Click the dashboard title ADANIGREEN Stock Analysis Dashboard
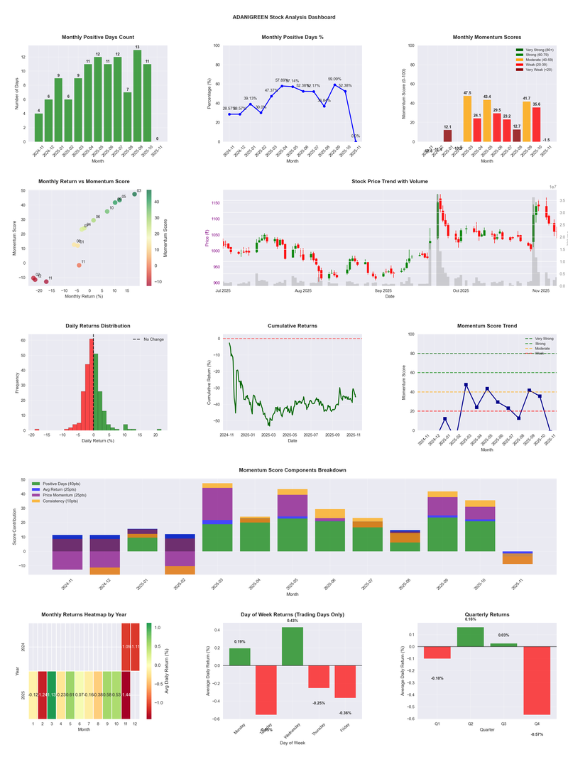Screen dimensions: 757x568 pos(284,16)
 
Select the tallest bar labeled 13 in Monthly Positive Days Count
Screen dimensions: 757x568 pos(137,96)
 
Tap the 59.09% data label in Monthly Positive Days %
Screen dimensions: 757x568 pos(334,79)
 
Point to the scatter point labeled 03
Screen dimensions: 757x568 pos(134,194)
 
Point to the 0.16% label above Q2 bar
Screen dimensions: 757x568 pos(471,619)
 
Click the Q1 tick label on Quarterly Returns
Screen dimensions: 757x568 pos(437,724)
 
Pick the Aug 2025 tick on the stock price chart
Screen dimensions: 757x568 pos(303,290)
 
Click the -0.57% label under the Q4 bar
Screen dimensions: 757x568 pos(536,734)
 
